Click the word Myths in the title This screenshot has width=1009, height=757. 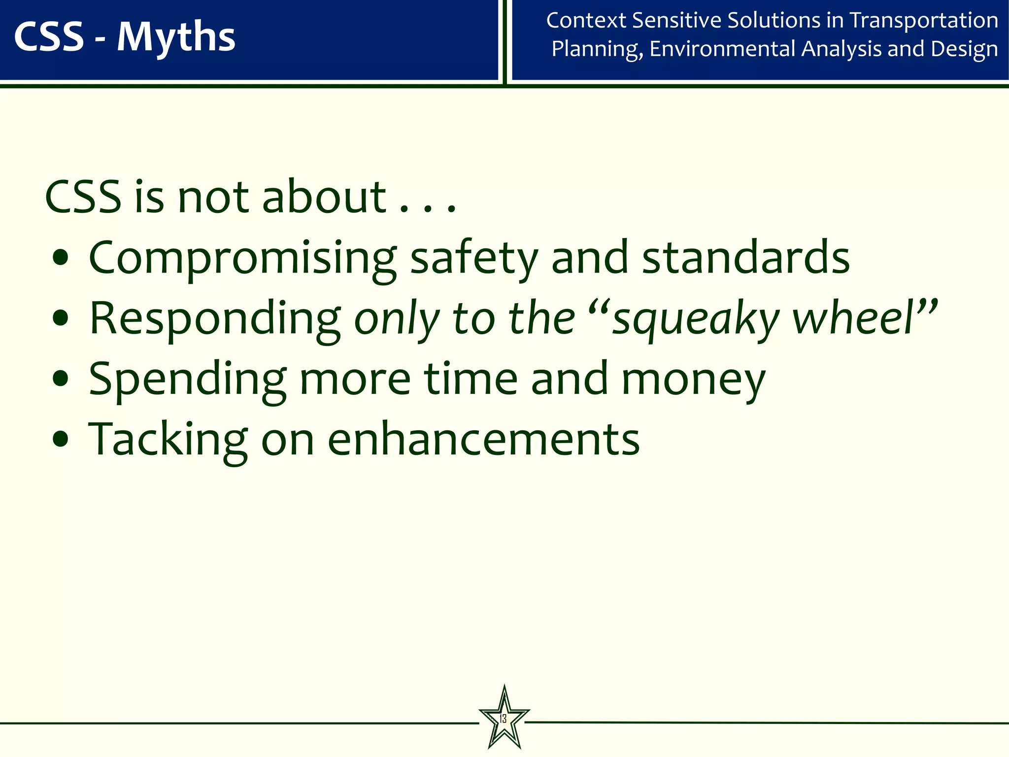point(176,37)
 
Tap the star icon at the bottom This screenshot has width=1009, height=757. point(504,719)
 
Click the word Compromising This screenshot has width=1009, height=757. point(242,259)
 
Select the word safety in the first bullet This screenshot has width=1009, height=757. point(474,259)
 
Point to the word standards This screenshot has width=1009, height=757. point(746,258)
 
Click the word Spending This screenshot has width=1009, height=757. point(187,380)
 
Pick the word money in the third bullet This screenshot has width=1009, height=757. point(693,380)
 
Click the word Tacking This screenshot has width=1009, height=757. point(168,440)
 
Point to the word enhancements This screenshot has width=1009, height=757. point(483,439)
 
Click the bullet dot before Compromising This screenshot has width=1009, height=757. point(61,258)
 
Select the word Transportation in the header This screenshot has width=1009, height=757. point(924,21)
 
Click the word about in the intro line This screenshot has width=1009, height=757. point(324,197)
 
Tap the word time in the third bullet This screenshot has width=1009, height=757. point(471,379)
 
